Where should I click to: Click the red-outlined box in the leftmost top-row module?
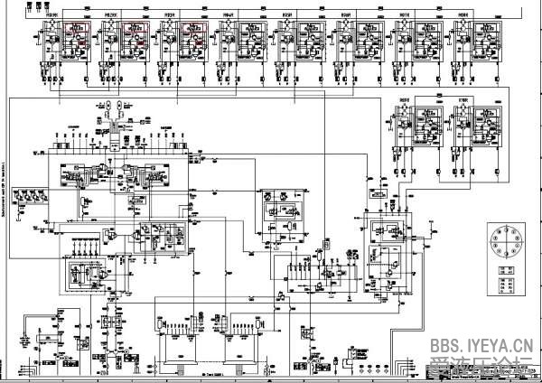pyautogui.click(x=72, y=33)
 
